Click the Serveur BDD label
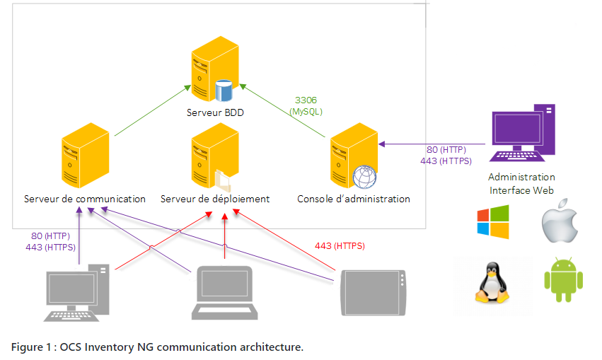point(215,112)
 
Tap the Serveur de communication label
point(84,199)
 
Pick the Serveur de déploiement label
point(215,199)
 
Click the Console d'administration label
point(353,199)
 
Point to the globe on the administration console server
point(364,177)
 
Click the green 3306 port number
point(306,100)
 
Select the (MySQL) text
point(306,111)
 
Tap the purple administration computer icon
point(523,133)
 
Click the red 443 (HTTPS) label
point(340,246)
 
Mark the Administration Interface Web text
point(521,183)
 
